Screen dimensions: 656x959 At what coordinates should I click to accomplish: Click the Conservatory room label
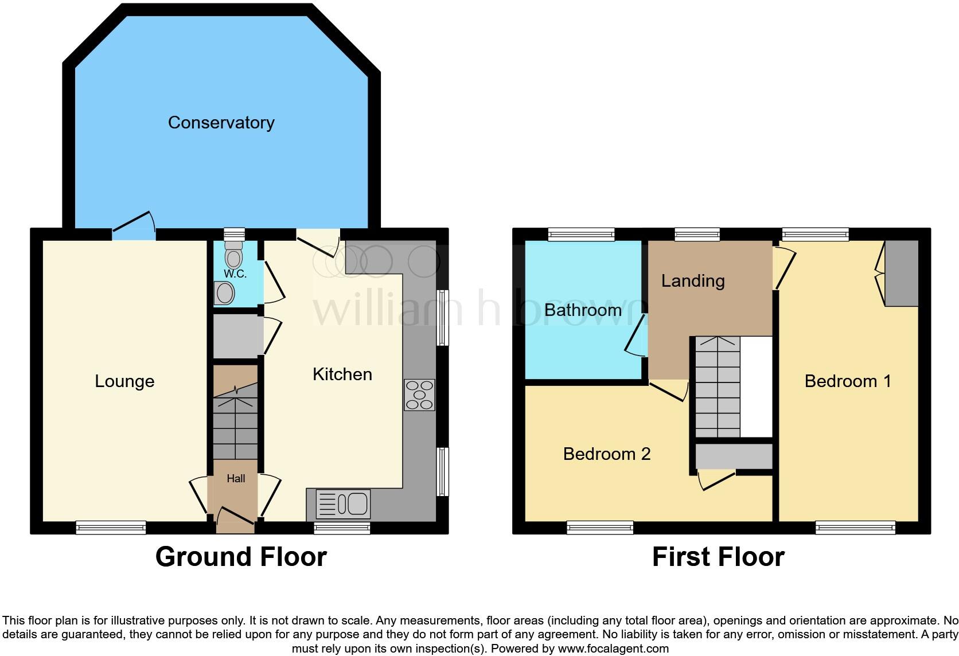point(221,122)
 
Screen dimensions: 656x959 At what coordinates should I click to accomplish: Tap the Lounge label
point(124,381)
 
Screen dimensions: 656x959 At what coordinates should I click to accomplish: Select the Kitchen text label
point(342,374)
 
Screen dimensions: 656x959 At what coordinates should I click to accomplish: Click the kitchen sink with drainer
point(343,503)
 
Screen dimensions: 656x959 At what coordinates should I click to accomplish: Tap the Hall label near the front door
point(236,478)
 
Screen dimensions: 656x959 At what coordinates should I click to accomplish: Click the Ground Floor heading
point(241,557)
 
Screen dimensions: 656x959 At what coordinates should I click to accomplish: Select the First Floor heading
point(718,557)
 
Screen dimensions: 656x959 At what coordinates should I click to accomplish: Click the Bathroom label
point(583,310)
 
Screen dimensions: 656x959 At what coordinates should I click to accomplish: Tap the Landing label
point(693,280)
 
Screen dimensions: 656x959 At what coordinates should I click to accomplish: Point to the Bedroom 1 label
point(848,381)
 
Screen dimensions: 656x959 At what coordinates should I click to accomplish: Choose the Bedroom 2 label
point(607,454)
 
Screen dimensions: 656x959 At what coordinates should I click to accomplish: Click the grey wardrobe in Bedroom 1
point(902,273)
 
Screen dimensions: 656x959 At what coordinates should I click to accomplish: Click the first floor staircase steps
point(717,387)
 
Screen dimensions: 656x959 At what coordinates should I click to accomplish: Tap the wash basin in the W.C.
point(224,294)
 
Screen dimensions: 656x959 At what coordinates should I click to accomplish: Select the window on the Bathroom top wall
point(581,233)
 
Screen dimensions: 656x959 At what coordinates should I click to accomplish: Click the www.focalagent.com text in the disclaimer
point(613,649)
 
